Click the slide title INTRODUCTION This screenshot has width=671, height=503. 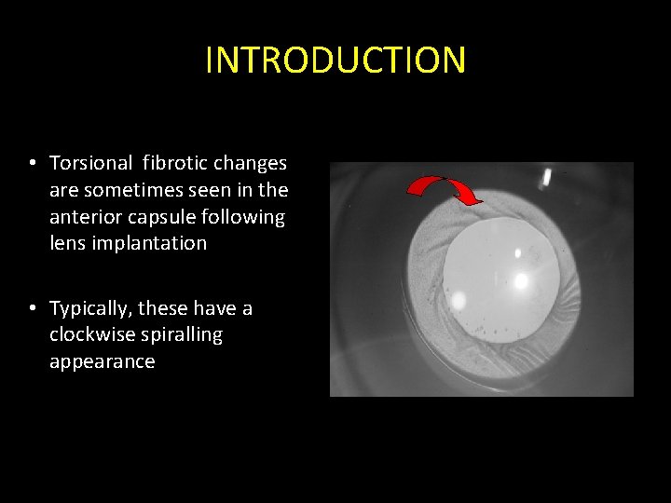click(335, 61)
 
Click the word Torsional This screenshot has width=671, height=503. click(91, 163)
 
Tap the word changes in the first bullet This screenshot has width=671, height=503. click(251, 163)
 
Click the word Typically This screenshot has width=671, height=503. click(90, 308)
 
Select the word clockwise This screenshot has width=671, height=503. click(90, 334)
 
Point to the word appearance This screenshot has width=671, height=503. click(102, 361)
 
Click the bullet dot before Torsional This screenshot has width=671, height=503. click(32, 164)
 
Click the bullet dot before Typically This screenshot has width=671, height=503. click(32, 308)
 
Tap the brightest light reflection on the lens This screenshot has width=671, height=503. click(520, 279)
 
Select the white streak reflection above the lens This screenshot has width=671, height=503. click(548, 179)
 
